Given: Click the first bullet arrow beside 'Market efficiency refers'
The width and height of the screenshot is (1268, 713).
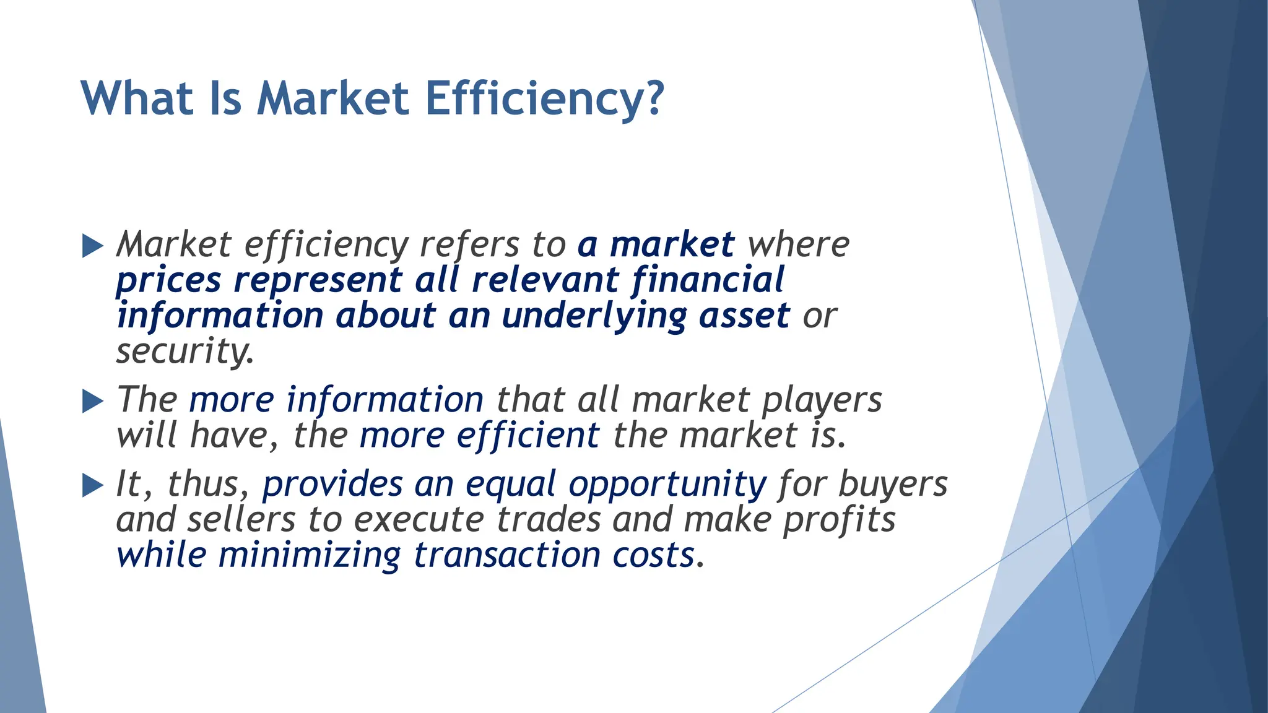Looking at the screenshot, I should pos(92,246).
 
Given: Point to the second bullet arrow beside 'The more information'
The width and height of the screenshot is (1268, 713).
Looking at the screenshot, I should pos(92,401).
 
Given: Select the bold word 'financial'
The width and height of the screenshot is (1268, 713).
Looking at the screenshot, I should pos(708,280).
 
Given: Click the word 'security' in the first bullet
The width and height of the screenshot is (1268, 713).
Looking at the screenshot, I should pos(184,351).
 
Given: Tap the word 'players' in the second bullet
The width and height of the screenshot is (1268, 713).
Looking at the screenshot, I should pos(822,400).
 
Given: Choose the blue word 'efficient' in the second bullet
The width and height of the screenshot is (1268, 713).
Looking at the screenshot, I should pos(528,435).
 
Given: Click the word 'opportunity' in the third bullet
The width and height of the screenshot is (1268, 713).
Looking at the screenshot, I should pos(667,485).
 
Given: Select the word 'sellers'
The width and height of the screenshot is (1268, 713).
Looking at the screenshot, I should pos(241,519).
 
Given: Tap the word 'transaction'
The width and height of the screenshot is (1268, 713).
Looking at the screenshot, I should pos(507,555).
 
